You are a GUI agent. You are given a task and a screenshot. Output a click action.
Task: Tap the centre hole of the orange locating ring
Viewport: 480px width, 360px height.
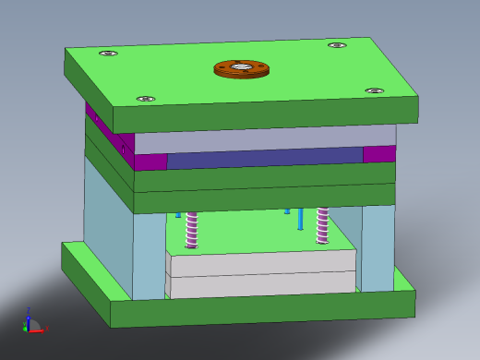[x=242, y=67]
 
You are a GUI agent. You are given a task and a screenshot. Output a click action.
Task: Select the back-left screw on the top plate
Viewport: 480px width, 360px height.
[x=108, y=54]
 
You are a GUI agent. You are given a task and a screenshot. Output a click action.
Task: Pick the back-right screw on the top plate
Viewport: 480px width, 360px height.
[x=337, y=45]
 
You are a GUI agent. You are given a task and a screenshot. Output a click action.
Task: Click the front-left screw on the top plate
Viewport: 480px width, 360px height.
[x=145, y=99]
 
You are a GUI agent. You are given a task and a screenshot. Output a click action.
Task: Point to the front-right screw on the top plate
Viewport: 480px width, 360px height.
[x=374, y=91]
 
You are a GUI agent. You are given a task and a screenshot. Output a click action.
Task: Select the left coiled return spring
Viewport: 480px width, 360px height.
[x=192, y=229]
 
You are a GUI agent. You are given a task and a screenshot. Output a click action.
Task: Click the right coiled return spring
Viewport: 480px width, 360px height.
[x=322, y=224]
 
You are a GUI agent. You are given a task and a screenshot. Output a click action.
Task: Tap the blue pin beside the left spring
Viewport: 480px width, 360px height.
[x=178, y=214]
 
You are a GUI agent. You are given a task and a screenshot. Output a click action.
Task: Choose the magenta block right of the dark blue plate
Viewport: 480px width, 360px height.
[x=378, y=154]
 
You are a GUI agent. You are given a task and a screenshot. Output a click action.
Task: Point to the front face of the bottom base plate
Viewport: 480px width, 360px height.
[x=263, y=307]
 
